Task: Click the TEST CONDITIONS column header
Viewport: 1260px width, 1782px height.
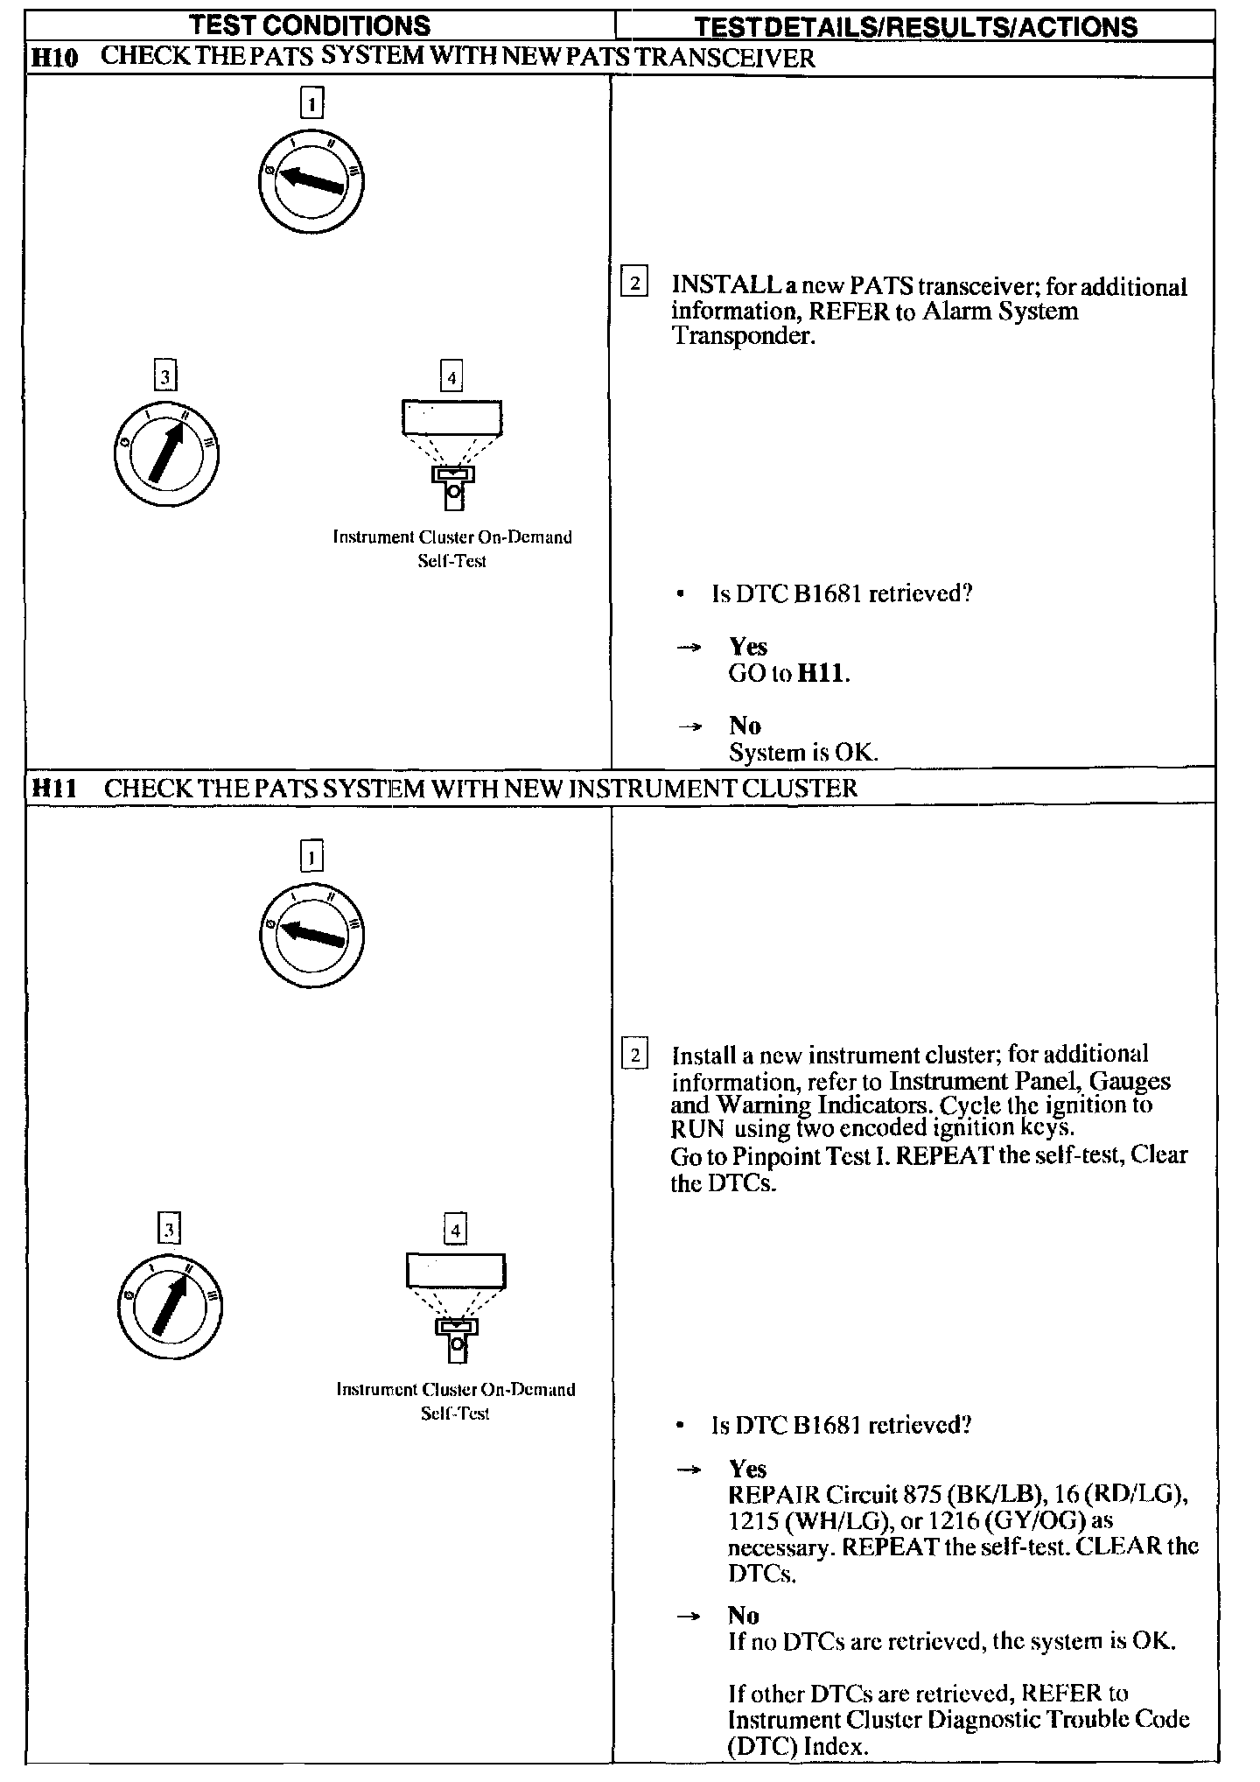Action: coord(311,25)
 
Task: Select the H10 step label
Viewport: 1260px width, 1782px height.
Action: coord(54,59)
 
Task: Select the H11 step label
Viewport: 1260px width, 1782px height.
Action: coord(54,789)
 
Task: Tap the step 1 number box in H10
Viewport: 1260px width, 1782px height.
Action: coord(311,103)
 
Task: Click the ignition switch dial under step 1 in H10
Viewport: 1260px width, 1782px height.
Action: coord(311,181)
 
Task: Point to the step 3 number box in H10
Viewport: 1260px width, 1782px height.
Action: coord(164,377)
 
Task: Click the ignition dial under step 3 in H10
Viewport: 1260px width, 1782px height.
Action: coord(166,454)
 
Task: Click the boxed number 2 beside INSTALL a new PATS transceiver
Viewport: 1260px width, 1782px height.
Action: coord(633,284)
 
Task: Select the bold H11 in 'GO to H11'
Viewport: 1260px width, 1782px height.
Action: coord(823,674)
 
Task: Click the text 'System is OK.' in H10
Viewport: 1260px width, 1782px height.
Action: coord(802,753)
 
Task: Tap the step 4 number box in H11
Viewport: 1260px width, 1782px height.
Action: coord(455,1230)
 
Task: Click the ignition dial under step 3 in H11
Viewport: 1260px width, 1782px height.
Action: coord(170,1307)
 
